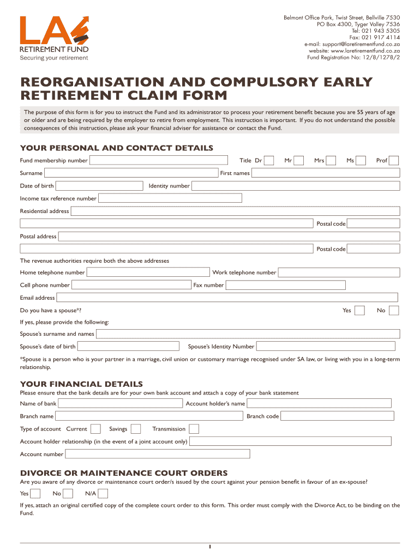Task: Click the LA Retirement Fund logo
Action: (x=54, y=38)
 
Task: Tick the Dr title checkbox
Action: (x=269, y=160)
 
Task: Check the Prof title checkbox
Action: (x=394, y=160)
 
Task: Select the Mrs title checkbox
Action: (x=331, y=160)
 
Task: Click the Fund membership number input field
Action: (x=158, y=160)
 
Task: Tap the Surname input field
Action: (x=131, y=173)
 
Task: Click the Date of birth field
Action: (x=99, y=186)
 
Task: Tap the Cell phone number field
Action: (x=131, y=285)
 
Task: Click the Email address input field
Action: (x=227, y=298)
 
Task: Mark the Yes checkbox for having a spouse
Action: (x=359, y=310)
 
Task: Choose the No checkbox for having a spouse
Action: (x=394, y=310)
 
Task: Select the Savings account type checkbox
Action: (x=136, y=429)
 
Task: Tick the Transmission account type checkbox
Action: (x=194, y=429)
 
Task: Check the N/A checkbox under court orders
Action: (x=103, y=494)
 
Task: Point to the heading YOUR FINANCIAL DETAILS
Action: (x=81, y=384)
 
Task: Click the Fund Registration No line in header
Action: (x=353, y=57)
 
